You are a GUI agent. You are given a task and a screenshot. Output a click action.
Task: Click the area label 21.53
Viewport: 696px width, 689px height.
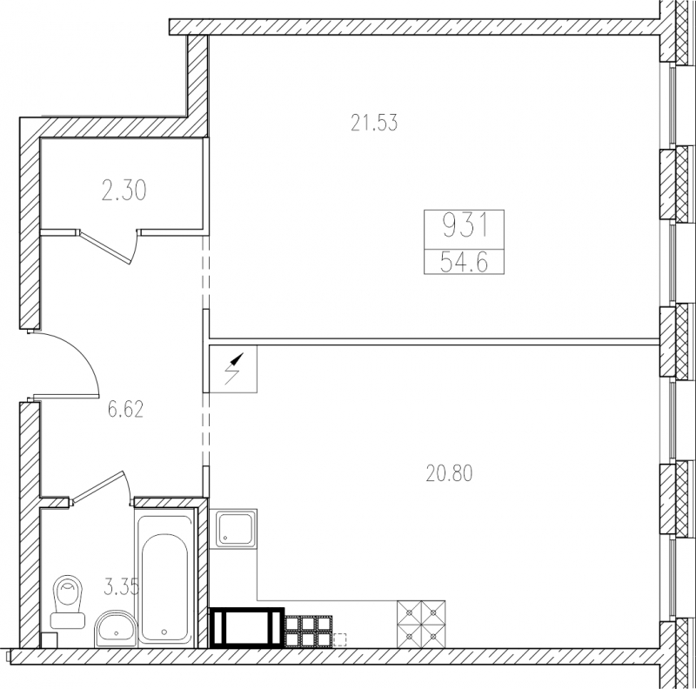374,123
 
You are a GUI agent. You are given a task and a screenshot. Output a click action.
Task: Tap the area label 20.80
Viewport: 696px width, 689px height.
449,473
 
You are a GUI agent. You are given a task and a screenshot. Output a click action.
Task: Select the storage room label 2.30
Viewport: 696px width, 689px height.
124,191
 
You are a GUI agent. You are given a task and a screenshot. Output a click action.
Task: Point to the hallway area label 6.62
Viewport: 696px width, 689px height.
125,409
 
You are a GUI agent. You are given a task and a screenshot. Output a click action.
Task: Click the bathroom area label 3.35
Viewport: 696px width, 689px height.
121,587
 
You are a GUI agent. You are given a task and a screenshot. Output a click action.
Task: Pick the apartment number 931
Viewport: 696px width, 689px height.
465,225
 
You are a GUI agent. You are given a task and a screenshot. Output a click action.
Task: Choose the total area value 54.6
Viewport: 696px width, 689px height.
465,264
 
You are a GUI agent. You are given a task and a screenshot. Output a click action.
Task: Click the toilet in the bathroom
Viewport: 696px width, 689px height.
68,602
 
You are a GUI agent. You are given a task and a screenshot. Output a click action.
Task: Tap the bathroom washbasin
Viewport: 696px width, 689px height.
116,629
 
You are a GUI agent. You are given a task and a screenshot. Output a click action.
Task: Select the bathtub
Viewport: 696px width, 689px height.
165,577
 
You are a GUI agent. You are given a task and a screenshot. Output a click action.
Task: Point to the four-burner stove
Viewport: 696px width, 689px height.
421,625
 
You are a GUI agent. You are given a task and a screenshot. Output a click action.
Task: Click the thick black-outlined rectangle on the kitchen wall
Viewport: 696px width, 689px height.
246,628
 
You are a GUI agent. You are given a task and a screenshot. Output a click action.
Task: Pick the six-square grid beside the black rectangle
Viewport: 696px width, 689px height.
309,632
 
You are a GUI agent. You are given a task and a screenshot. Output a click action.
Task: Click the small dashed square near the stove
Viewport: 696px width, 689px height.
339,639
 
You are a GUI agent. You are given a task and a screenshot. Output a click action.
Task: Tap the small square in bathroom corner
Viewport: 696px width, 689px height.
49,640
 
